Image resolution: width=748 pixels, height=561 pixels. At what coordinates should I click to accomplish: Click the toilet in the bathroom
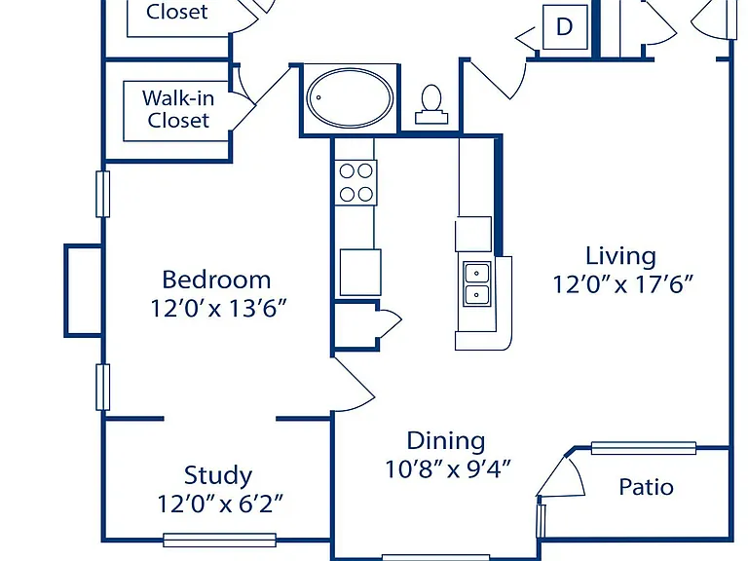431,105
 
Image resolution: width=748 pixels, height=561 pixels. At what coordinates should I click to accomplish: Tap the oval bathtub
350,98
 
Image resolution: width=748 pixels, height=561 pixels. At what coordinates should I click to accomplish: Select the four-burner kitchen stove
355,183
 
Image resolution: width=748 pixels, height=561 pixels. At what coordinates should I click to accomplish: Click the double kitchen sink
476,283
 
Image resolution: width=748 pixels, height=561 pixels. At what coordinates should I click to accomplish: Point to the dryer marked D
565,26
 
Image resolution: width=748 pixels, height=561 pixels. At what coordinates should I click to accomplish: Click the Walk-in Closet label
178,109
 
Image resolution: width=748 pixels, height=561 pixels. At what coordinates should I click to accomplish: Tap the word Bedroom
216,280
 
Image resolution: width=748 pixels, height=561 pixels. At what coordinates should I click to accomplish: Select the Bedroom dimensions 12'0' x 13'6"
218,308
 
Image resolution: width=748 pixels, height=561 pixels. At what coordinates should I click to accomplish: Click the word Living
620,256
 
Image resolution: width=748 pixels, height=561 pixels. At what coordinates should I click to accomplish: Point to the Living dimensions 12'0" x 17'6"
622,284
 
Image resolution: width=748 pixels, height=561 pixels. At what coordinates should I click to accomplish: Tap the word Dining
446,441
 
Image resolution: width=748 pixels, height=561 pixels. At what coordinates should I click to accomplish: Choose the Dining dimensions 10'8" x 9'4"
448,468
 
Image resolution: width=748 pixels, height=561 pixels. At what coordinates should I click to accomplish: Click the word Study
218,475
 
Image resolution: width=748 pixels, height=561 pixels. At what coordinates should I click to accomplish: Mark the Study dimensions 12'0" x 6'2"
220,504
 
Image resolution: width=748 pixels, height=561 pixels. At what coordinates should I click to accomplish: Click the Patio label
646,487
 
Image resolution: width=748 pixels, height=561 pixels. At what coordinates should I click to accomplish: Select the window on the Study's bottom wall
219,540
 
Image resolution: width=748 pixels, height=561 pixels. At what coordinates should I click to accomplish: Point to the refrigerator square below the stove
360,273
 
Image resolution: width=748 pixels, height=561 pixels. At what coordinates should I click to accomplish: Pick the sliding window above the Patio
644,448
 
